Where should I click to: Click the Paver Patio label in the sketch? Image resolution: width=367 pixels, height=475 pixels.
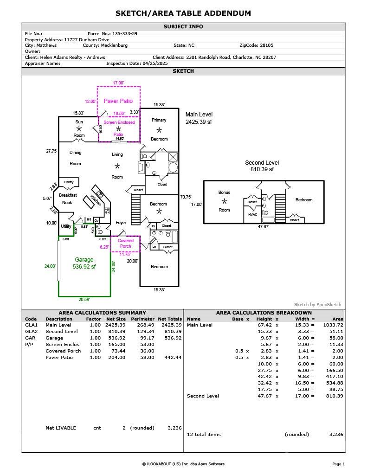coord(118,101)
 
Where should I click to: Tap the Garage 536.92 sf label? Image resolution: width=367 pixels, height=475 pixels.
coord(84,263)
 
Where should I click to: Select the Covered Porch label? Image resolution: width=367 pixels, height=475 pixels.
coord(125,244)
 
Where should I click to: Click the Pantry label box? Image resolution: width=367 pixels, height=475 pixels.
coord(69,182)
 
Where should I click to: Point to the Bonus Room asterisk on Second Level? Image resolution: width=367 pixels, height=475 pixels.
coord(224,201)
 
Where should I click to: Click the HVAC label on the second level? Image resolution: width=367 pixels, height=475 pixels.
coord(252,214)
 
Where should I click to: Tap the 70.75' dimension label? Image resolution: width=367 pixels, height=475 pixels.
coord(186,197)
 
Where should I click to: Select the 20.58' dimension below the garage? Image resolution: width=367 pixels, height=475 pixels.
coord(84,300)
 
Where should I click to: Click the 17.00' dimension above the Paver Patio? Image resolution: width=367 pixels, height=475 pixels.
coord(118,83)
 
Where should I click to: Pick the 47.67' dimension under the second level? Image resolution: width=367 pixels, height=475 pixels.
coord(264,226)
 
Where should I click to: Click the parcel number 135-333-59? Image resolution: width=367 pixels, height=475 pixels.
coord(125,33)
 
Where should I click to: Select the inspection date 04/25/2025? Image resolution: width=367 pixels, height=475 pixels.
coord(155,64)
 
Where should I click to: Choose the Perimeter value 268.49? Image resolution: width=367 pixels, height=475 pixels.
coord(146,325)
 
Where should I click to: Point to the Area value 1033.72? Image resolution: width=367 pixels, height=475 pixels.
coord(333,325)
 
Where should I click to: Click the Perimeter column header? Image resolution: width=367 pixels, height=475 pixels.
coord(143,319)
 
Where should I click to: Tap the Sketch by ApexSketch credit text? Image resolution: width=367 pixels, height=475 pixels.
coord(318,305)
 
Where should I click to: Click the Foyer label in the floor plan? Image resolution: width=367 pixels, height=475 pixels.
coord(121,223)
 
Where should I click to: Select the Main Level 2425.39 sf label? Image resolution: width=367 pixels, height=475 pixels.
coord(199,118)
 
